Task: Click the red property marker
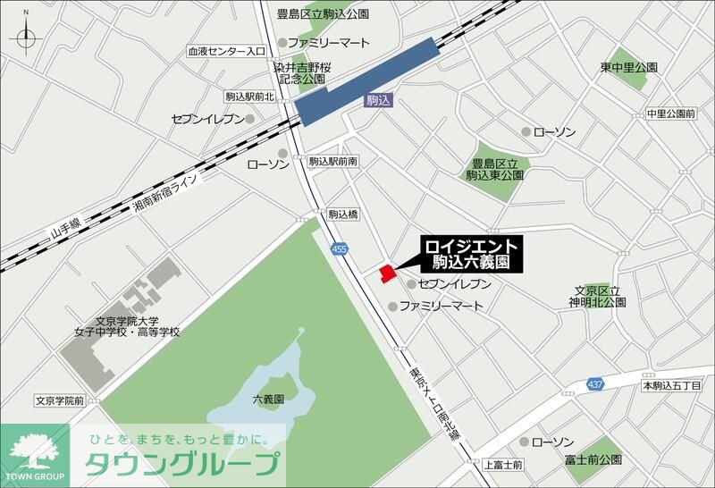pos(386,273)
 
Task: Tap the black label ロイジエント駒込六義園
pos(470,254)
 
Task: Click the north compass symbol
pos(24,38)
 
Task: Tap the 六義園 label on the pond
pos(267,400)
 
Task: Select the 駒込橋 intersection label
pos(342,215)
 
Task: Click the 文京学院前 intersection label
pos(60,401)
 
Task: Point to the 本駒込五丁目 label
pos(672,385)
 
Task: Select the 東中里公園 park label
pos(629,68)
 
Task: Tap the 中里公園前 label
pos(670,114)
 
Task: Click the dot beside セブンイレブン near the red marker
pos(411,284)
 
